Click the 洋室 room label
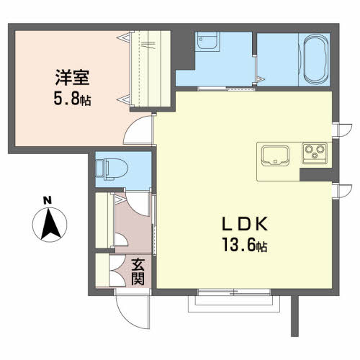coord(73,77)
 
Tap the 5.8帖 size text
coord(72,99)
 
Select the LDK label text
coord(245,224)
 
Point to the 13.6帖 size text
coord(245,245)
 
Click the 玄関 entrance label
coord(138,271)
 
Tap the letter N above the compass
coord(48,200)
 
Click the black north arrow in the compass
coord(50,224)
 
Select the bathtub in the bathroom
coord(316,59)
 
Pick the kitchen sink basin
coord(275,156)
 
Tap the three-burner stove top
coord(315,153)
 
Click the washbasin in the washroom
coord(207,41)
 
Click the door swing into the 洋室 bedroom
coord(139,130)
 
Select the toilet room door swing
coord(138,203)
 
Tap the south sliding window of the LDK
coord(234,292)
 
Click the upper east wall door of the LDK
coord(342,130)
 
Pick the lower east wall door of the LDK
coord(342,191)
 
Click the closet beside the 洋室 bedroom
coord(150,69)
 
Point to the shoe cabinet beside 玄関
coord(102,270)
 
